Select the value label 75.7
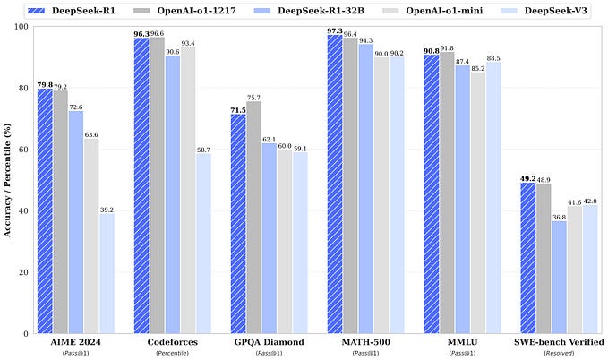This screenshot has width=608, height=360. coord(255,97)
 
